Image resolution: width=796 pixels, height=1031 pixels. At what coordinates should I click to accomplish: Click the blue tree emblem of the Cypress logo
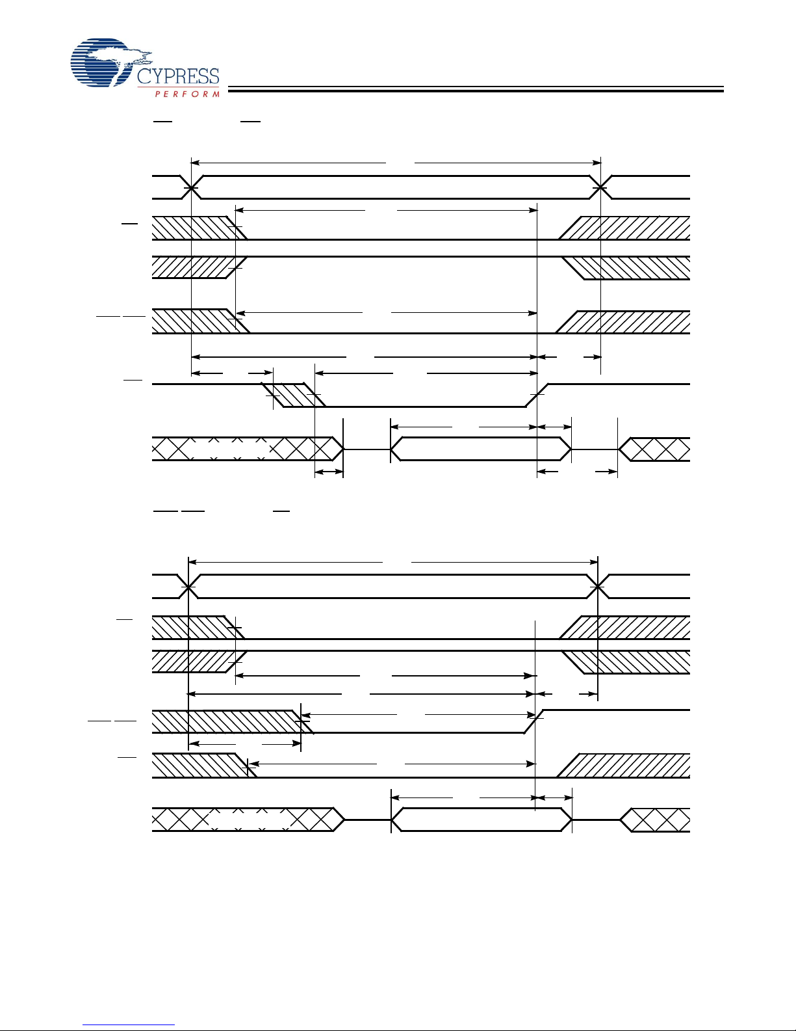[x=104, y=62]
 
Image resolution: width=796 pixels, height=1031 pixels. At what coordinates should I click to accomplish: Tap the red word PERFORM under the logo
[x=187, y=94]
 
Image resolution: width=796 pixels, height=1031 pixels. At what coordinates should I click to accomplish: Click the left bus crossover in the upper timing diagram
[x=191, y=187]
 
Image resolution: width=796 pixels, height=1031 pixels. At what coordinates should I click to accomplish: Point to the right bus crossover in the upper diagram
[x=601, y=187]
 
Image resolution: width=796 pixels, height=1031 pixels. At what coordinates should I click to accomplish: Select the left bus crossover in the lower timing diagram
[x=188, y=587]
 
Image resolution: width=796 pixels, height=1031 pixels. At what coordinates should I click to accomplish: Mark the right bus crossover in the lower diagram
[x=597, y=587]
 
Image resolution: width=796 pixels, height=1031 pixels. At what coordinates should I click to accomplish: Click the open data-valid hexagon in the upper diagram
[x=480, y=449]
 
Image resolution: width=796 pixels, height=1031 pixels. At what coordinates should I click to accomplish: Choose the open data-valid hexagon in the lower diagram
[x=480, y=820]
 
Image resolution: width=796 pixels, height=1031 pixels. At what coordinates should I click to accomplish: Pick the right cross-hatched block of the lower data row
[x=658, y=820]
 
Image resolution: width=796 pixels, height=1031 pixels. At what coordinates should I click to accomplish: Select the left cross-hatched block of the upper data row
[x=247, y=449]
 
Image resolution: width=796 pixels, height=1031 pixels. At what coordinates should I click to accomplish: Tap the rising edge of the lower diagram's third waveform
[x=534, y=721]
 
